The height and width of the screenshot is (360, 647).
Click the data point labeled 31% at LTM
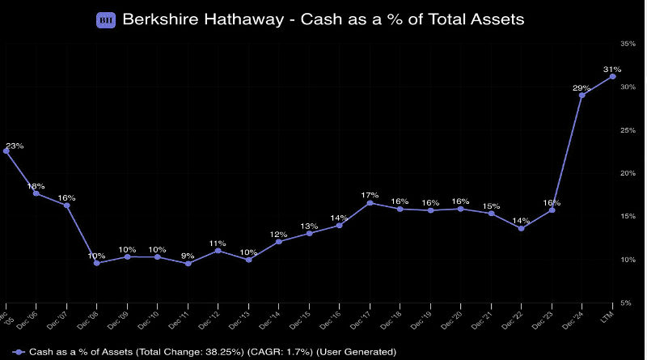tap(612, 77)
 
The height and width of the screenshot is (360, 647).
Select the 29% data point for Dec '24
tap(581, 95)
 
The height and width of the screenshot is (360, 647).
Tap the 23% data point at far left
tap(6, 151)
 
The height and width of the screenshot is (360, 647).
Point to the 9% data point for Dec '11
tap(188, 263)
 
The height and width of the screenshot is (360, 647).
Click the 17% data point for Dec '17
tap(370, 202)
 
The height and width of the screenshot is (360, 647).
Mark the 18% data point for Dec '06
tap(36, 193)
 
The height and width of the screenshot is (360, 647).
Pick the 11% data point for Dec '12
tap(218, 251)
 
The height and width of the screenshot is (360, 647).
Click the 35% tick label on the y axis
tap(628, 43)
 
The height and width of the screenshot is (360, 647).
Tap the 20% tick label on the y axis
tap(628, 173)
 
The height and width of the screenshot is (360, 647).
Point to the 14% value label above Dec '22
tap(521, 221)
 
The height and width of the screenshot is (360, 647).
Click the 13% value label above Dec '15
tap(309, 227)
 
